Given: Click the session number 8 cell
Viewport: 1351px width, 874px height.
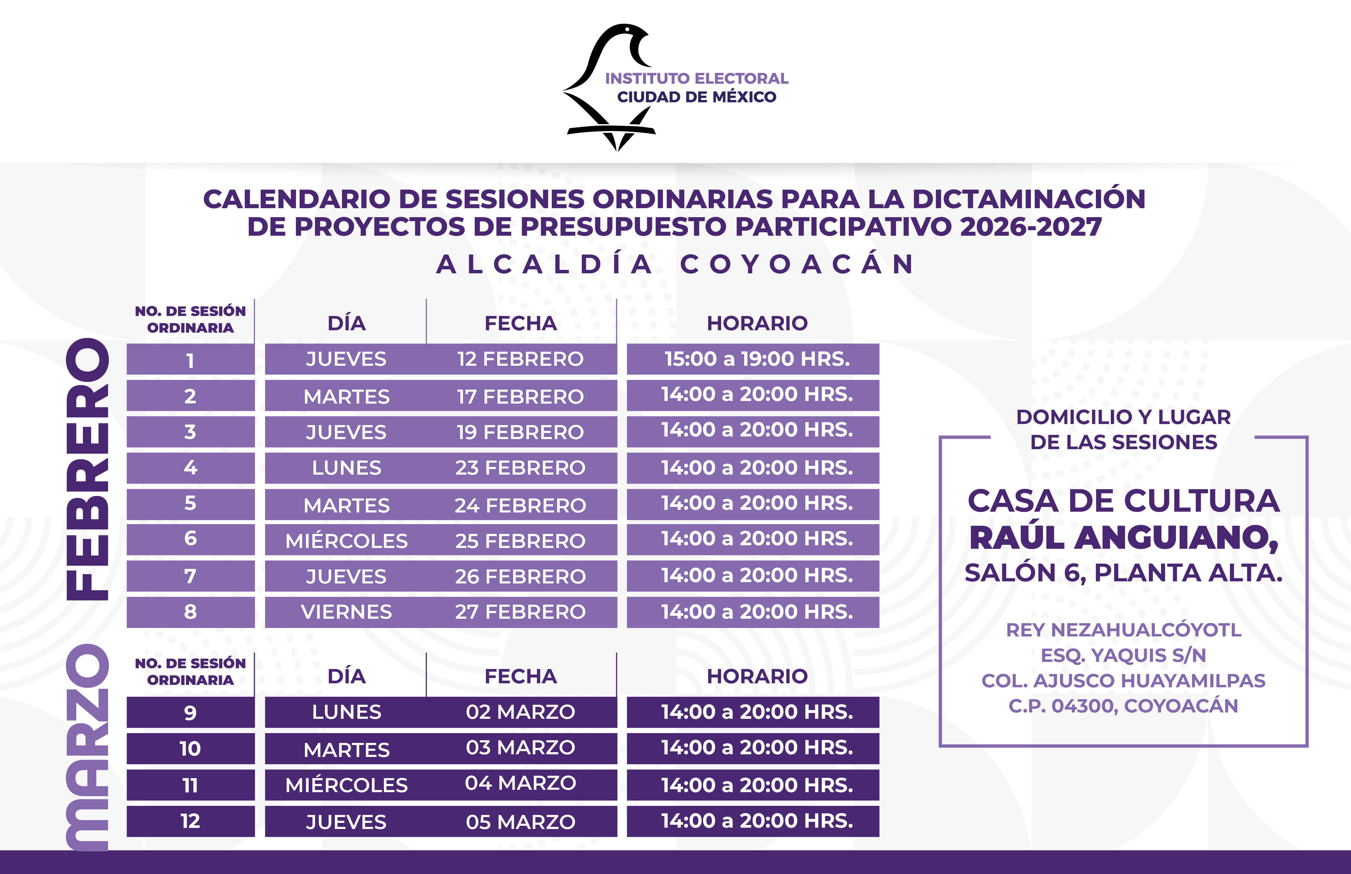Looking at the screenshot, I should [x=190, y=612].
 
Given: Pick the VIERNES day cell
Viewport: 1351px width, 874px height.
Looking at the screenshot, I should [x=346, y=612].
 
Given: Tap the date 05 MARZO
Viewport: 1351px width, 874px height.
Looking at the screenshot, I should [x=520, y=821].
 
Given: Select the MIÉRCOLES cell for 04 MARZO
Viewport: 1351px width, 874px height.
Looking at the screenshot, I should [x=346, y=785].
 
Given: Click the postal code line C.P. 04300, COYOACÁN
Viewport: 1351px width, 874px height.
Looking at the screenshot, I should [x=1123, y=706].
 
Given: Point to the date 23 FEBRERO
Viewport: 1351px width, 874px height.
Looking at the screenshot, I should [x=520, y=468].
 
